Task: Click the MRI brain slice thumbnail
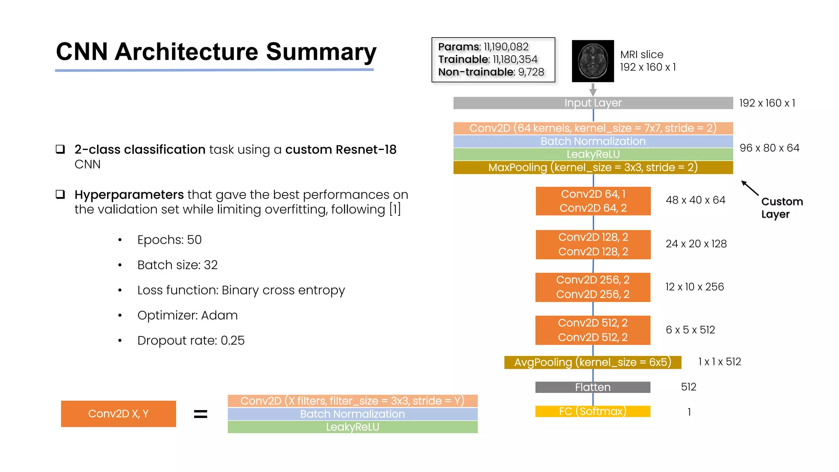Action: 593,61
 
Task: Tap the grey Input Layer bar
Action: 593,103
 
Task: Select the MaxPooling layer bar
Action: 593,168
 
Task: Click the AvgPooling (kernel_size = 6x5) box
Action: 592,362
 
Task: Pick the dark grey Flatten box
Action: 592,387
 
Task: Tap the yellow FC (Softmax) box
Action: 592,411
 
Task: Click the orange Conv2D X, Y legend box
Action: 118,414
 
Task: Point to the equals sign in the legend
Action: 200,414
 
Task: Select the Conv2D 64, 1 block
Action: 593,194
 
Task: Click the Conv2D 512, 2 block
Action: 592,330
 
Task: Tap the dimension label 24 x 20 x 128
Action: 696,244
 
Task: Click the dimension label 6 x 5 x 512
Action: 690,330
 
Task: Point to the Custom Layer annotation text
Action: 781,208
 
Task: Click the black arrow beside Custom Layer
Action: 750,188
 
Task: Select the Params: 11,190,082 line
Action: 483,47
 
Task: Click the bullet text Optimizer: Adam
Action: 187,315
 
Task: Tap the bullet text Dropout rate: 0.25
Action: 191,340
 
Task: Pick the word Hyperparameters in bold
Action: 129,195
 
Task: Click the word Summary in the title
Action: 321,52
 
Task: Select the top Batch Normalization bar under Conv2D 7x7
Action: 593,141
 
